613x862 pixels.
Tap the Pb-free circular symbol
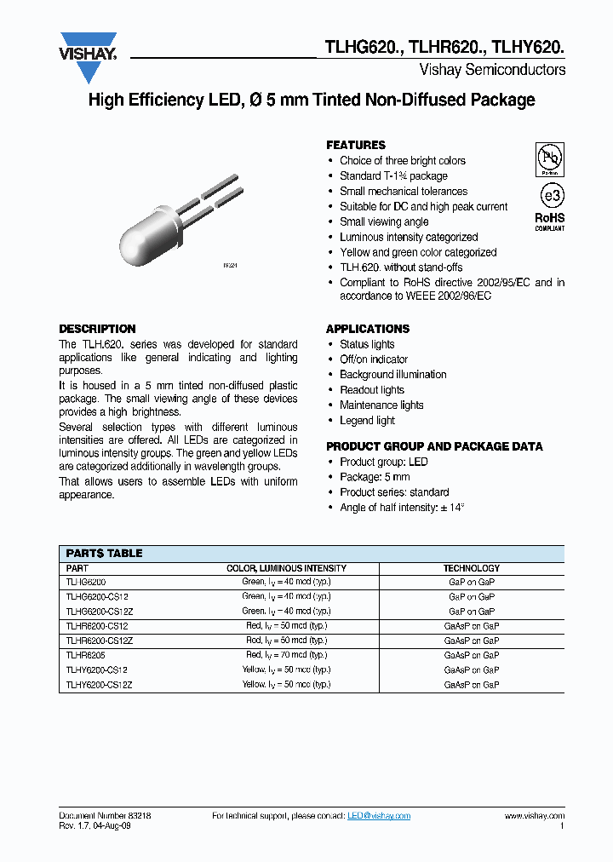tap(549, 159)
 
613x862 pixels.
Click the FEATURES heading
tap(356, 145)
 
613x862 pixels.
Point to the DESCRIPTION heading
tap(97, 329)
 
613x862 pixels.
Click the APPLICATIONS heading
tap(368, 329)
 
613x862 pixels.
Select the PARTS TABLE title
tap(104, 553)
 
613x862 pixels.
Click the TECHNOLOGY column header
tap(471, 568)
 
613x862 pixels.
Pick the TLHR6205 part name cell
tap(85, 655)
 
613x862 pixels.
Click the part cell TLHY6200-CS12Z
tap(99, 684)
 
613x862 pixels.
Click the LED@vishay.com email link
tap(379, 816)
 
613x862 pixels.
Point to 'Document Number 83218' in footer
tap(105, 816)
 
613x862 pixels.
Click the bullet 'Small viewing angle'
tap(384, 221)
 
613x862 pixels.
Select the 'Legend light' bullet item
tap(367, 421)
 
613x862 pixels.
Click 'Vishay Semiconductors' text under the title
tap(492, 70)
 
